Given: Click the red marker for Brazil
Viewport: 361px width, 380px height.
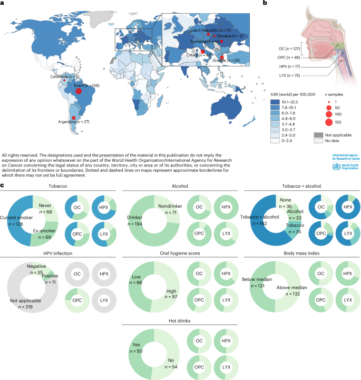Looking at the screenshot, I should [x=79, y=91].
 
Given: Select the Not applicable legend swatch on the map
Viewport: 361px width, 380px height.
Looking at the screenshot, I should [x=317, y=135].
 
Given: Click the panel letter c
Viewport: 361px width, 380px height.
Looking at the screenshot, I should [x=4, y=185].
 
